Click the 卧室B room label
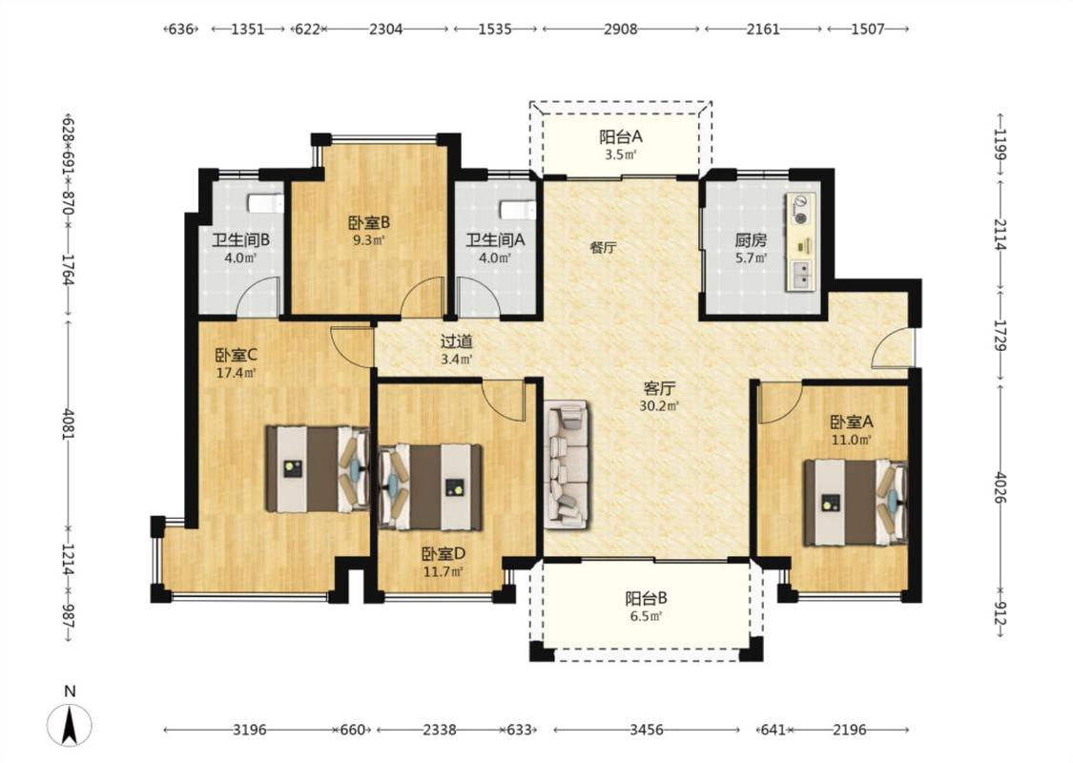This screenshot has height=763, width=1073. coord(369,222)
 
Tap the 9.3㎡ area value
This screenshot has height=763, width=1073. coord(369,240)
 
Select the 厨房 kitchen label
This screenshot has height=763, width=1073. coord(751,240)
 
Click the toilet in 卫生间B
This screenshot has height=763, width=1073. coord(265,203)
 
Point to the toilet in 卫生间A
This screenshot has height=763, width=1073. coord(517,209)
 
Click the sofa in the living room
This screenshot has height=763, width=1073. coord(567,464)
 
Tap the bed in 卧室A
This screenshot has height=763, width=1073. coord(856,503)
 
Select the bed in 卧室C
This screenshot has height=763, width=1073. coord(318,469)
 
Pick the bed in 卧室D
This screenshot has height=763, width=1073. coord(430,487)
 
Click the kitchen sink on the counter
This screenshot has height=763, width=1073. coord(801,275)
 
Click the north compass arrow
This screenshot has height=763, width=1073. coord(69,726)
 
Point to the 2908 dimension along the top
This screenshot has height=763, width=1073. coord(621,29)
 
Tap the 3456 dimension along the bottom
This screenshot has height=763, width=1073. coord(646,730)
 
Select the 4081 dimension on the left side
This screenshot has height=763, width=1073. coord(68,424)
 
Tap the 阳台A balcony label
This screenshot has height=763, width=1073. coord(621,136)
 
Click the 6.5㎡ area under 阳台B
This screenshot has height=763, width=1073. coord(646,616)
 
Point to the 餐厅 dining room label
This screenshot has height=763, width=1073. coord(603,248)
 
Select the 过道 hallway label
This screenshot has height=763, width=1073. coord(456,340)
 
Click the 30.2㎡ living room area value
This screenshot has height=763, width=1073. coord(659,405)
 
